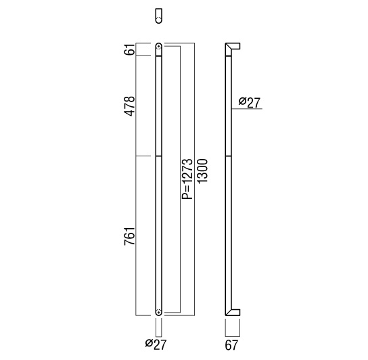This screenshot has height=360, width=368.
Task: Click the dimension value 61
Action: [x=129, y=49]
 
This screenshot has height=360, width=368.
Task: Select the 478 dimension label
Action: [x=130, y=106]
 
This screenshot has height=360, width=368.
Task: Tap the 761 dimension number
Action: [x=130, y=236]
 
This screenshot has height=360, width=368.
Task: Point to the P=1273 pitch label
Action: [x=187, y=179]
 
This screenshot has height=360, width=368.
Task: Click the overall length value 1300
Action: [x=202, y=171]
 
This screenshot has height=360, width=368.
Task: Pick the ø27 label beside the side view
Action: [x=250, y=102]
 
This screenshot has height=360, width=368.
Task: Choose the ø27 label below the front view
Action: [x=156, y=344]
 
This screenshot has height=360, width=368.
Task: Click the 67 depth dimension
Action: [x=231, y=345]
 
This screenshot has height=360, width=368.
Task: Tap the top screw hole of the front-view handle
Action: [x=159, y=47]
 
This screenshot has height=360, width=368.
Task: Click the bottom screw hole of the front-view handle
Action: [x=159, y=312]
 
